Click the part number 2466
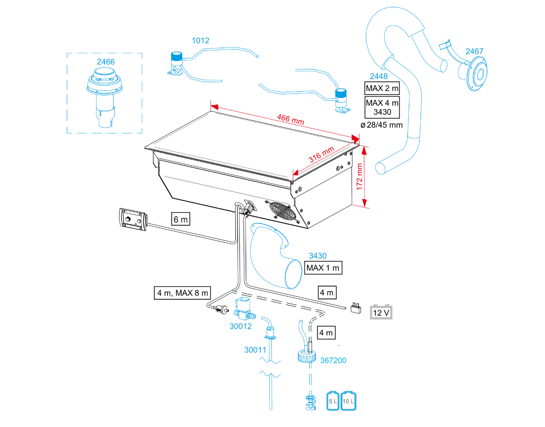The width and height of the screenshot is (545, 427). click(105, 61)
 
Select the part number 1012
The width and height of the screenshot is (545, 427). click(200, 40)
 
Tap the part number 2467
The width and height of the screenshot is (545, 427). click(474, 51)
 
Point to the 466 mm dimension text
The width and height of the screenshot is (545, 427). click(291, 121)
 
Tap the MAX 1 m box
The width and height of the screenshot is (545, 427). click(323, 268)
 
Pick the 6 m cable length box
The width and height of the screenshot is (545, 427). click(181, 219)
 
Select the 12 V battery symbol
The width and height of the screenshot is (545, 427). click(381, 313)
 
